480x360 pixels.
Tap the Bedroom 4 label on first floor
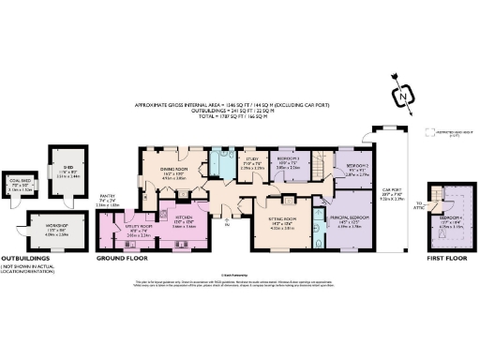click(451, 220)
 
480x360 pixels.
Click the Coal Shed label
click(20, 186)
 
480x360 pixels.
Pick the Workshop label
click(55, 228)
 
